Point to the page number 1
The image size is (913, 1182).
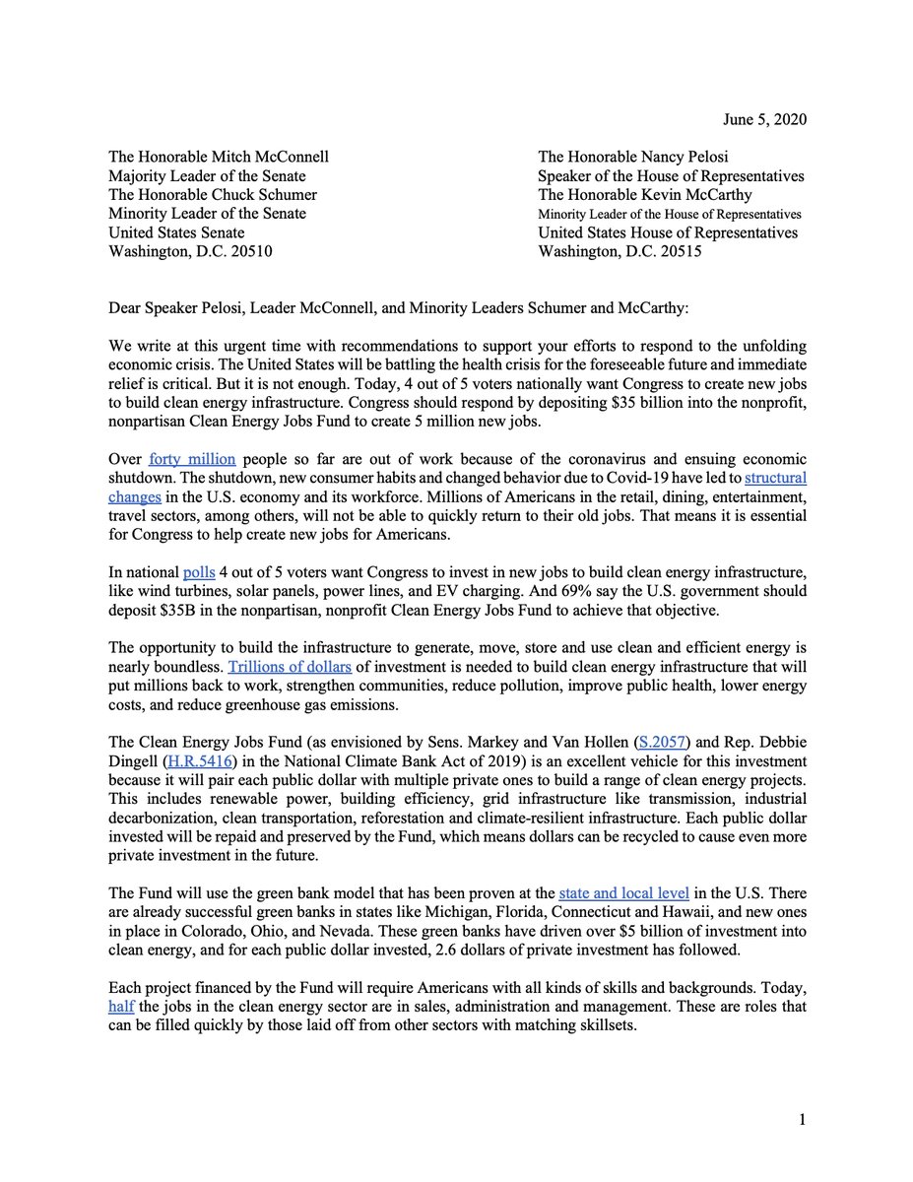(803, 1120)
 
